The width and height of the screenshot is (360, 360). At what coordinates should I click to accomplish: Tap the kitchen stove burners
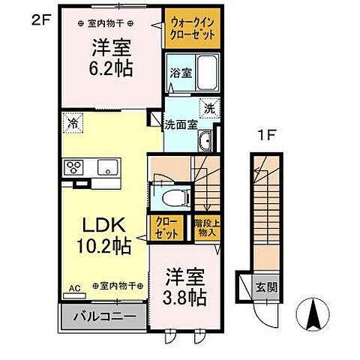(x=76, y=167)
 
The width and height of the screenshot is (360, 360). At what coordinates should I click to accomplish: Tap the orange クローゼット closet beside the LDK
(x=166, y=228)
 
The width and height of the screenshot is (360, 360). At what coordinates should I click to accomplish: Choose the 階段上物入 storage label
(x=205, y=228)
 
